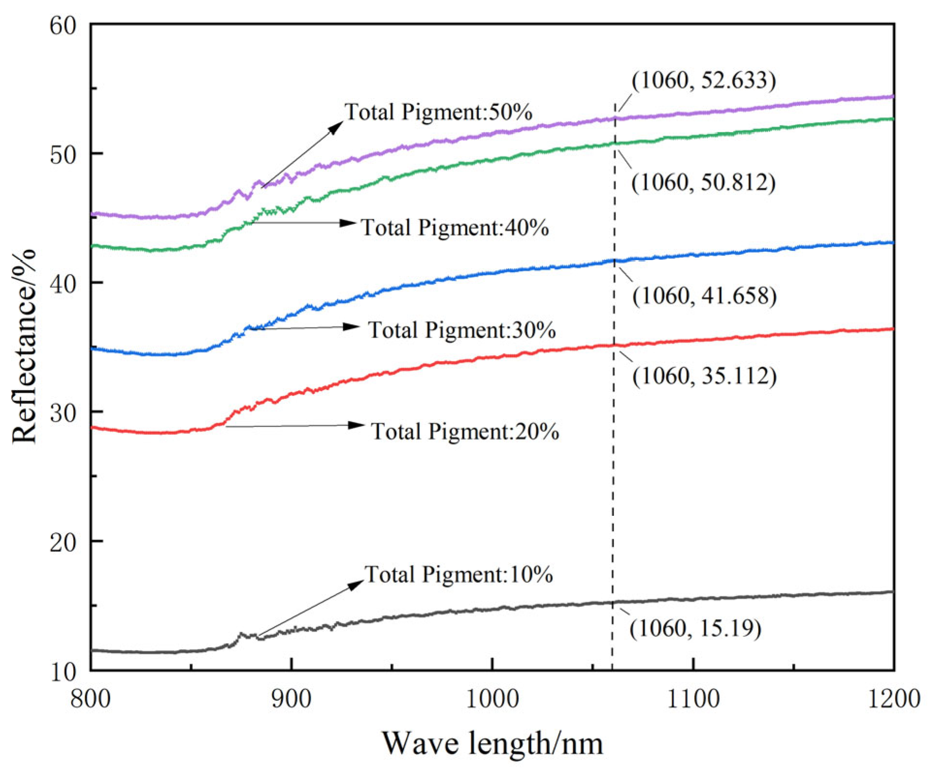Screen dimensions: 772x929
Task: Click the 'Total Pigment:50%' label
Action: pyautogui.click(x=438, y=112)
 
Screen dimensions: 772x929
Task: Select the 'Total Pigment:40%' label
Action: pyautogui.click(x=455, y=228)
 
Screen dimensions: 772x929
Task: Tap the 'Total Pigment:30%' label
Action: pyautogui.click(x=462, y=330)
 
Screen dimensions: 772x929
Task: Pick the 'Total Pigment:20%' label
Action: pyautogui.click(x=465, y=431)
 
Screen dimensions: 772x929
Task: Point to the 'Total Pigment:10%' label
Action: pyautogui.click(x=459, y=575)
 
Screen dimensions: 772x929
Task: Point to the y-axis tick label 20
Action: pyautogui.click(x=63, y=542)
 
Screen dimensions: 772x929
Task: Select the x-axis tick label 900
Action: pyautogui.click(x=291, y=699)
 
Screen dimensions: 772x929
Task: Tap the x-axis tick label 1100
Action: pyautogui.click(x=693, y=699)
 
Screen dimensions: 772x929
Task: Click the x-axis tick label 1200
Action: pyautogui.click(x=894, y=699)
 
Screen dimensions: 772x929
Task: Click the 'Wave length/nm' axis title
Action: pyautogui.click(x=492, y=743)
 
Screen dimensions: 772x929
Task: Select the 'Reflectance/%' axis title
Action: pyautogui.click(x=24, y=346)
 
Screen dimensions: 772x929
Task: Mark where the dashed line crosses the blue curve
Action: pyautogui.click(x=614, y=261)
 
